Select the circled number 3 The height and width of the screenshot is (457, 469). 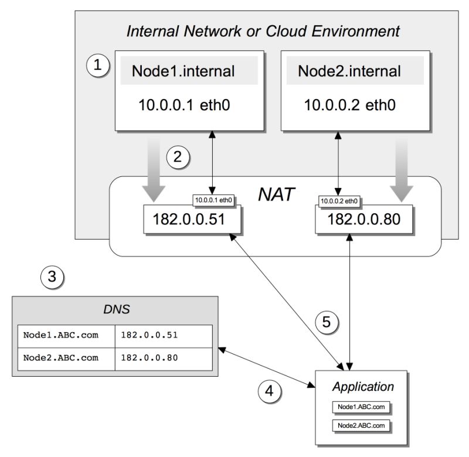pos(52,275)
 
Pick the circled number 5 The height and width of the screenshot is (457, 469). pos(328,321)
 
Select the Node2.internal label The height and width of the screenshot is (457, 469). pos(349,71)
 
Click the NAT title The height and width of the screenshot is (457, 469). pos(276,194)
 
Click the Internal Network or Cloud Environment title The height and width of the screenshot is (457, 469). pos(263,30)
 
